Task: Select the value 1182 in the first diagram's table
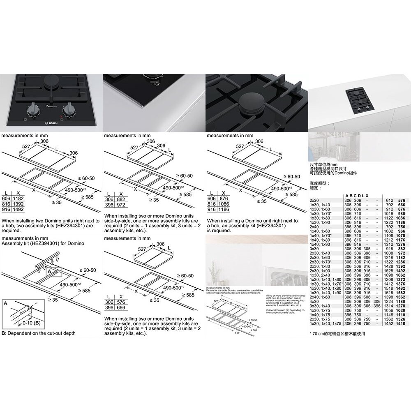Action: [18, 199]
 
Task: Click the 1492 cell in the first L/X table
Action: [18, 209]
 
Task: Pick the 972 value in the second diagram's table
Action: [121, 204]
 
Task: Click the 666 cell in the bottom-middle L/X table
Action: [121, 307]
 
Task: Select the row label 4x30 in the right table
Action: [314, 300]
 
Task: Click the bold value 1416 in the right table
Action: [399, 324]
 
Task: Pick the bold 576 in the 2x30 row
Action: [402, 199]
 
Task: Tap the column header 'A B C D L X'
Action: [356, 195]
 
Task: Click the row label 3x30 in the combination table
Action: [314, 249]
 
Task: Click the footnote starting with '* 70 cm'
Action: [337, 334]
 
